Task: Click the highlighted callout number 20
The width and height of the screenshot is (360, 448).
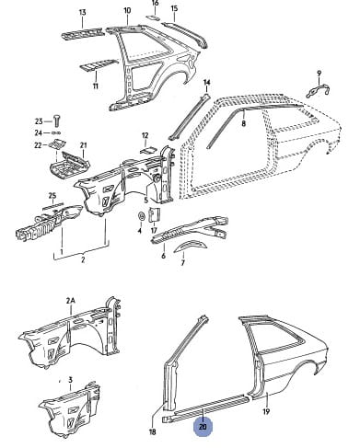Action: click(x=203, y=427)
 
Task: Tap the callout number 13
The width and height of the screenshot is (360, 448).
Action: click(x=83, y=13)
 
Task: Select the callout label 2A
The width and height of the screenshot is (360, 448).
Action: click(x=71, y=301)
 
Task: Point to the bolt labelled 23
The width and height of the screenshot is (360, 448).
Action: click(x=57, y=121)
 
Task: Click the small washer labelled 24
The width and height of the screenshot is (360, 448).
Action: click(x=56, y=132)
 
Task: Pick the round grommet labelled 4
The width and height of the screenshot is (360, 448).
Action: click(x=142, y=216)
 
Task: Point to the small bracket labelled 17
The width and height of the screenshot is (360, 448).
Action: click(x=155, y=214)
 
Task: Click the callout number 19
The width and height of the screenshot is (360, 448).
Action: click(x=266, y=411)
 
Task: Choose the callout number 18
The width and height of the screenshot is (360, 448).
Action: click(x=152, y=431)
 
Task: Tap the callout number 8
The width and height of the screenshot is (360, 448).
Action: click(x=244, y=123)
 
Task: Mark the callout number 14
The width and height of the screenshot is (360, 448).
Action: click(x=206, y=82)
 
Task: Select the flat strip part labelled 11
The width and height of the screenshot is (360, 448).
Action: click(x=99, y=64)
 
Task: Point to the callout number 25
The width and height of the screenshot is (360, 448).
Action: click(x=52, y=196)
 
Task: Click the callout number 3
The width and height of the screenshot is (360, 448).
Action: click(x=70, y=380)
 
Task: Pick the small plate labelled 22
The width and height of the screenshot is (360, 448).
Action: click(x=57, y=144)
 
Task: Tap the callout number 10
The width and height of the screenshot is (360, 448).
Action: click(x=127, y=10)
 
